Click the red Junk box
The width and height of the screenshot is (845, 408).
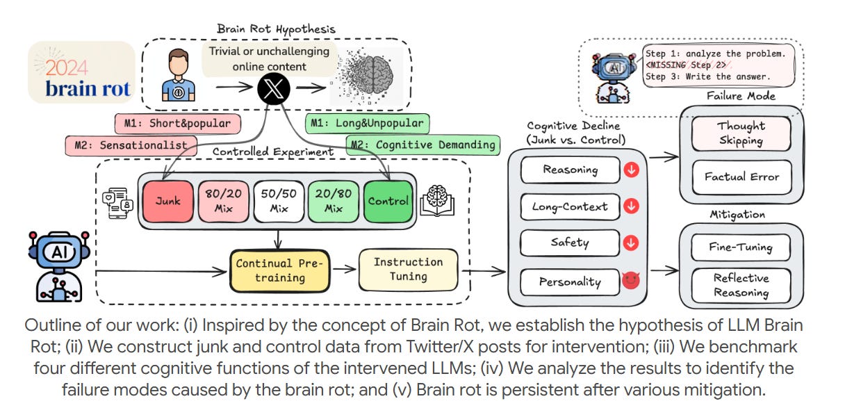(x=167, y=201)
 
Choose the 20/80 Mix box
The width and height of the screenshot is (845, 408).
(x=333, y=201)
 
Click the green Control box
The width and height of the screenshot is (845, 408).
(x=388, y=201)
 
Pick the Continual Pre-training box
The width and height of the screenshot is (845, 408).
(x=280, y=270)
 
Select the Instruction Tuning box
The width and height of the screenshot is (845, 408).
(x=408, y=270)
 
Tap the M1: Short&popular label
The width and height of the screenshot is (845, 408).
(x=177, y=123)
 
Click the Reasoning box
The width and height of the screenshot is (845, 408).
(x=569, y=170)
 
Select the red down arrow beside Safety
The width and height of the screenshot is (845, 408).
(x=630, y=243)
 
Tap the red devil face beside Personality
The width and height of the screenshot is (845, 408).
(x=630, y=281)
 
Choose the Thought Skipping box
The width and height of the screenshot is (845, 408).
(x=741, y=133)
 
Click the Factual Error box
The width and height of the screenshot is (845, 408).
(x=741, y=177)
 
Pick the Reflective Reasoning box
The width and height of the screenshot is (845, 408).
(x=741, y=285)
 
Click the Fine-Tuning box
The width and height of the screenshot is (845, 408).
(x=741, y=246)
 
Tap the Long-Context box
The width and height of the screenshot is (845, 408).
(x=569, y=206)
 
